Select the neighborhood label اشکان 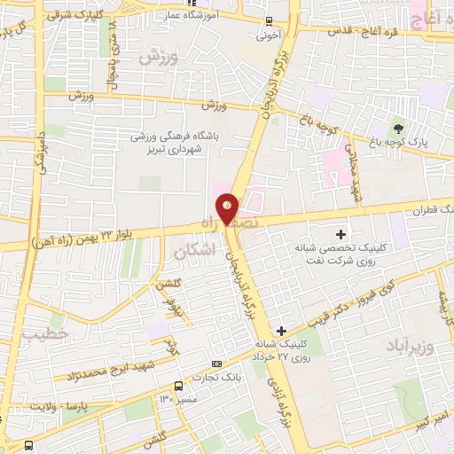coord(195,251)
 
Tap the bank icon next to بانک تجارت coord(217,364)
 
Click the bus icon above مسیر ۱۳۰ coord(179,386)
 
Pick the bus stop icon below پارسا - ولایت coord(30,444)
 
